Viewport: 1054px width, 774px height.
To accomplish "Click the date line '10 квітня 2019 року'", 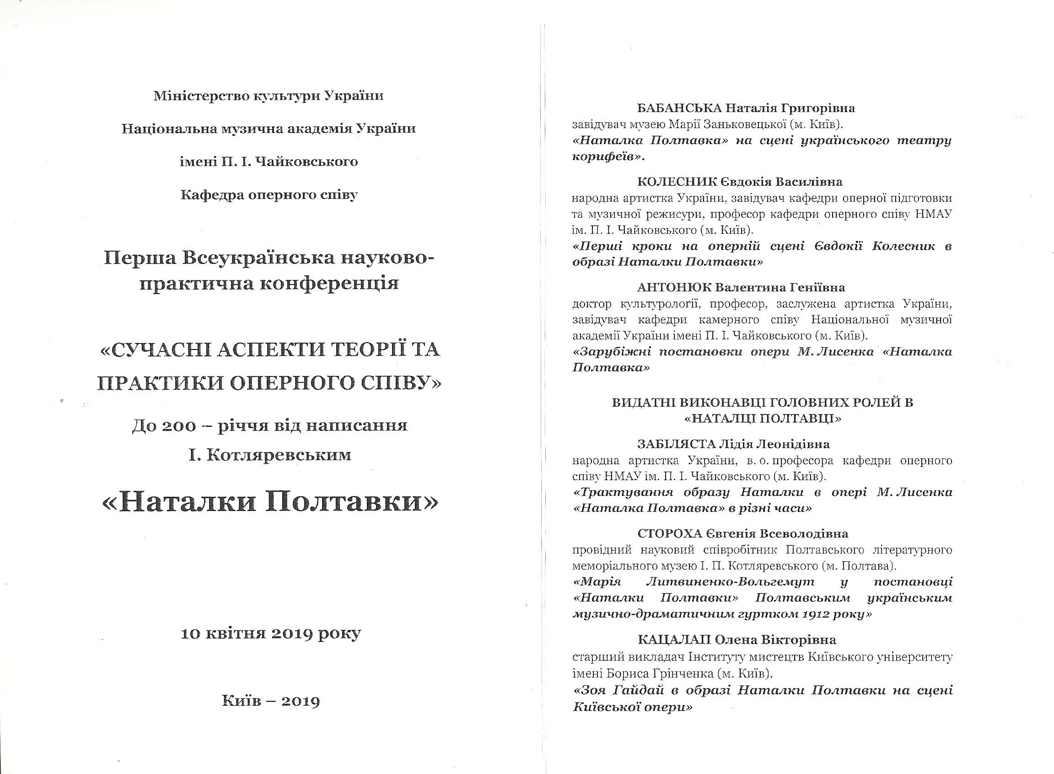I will click(x=271, y=634).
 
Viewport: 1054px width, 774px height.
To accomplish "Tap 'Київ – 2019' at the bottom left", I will click(x=271, y=700).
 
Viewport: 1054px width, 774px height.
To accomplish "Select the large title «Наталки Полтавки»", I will click(x=270, y=503).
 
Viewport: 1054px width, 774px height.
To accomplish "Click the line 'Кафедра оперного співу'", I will click(x=269, y=194).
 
